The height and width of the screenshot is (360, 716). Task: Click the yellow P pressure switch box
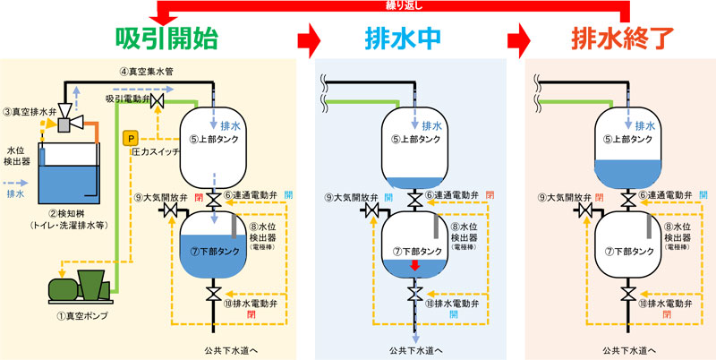coord(131,138)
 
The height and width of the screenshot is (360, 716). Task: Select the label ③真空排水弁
coord(30,111)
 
